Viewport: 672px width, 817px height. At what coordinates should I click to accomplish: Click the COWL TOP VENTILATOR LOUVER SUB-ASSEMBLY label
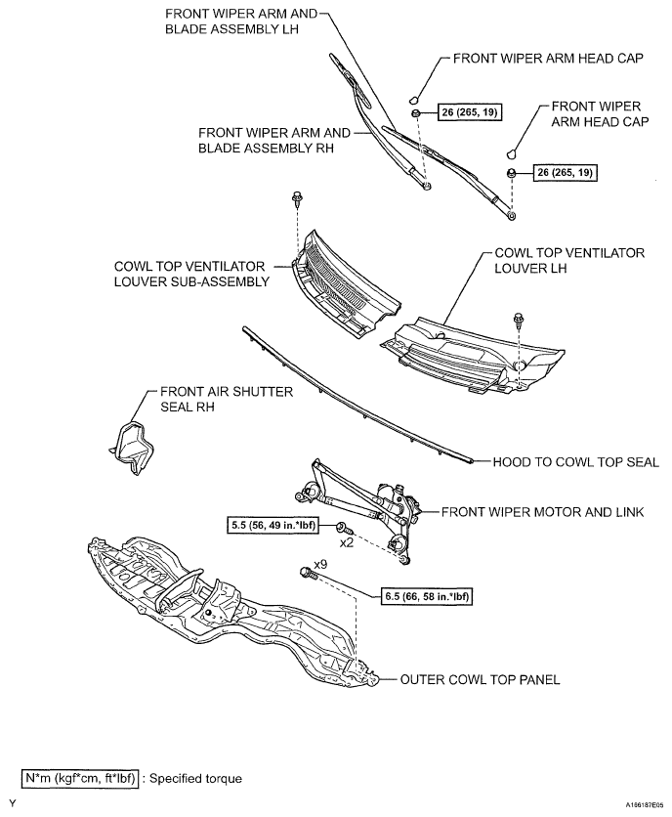click(190, 274)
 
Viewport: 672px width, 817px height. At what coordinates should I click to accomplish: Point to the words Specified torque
click(194, 779)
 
